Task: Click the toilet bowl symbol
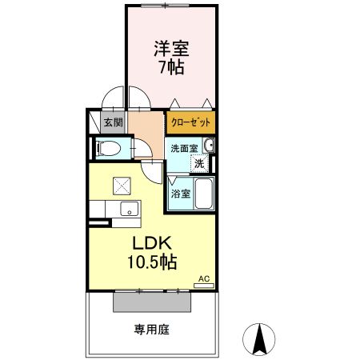tap(107, 149)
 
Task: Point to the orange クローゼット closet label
tap(190, 122)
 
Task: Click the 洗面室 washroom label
tap(182, 147)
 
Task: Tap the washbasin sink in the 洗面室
tap(209, 146)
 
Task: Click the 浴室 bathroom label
tap(180, 193)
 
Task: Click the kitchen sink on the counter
tap(127, 210)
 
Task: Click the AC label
tap(203, 278)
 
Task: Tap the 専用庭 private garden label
tap(151, 329)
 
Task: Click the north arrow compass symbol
tap(259, 338)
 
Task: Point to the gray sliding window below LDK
tap(153, 302)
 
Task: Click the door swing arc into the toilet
tap(142, 149)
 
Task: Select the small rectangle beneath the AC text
tap(203, 285)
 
